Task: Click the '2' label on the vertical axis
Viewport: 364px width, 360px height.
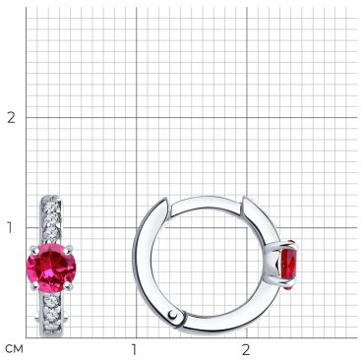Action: [12, 117]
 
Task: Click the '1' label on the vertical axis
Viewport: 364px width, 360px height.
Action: [10, 227]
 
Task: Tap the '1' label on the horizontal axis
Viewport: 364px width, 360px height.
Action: [134, 350]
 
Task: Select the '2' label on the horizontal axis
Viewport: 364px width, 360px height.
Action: [246, 350]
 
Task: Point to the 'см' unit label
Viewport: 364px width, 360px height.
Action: [15, 349]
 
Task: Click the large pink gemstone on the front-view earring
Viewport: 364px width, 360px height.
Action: [51, 268]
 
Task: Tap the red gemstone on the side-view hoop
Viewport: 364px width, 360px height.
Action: [288, 265]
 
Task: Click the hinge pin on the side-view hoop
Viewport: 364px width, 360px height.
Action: [173, 316]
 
